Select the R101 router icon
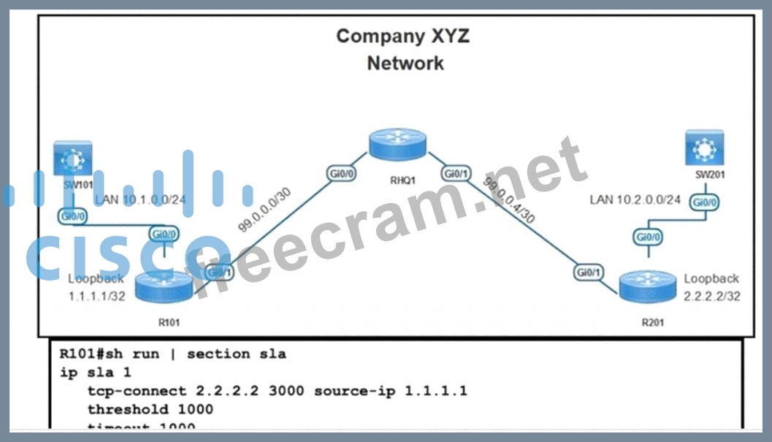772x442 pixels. [167, 286]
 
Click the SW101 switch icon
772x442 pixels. [71, 159]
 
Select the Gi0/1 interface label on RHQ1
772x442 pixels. [456, 174]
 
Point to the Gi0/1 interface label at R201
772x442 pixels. [589, 272]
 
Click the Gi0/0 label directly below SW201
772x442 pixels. [706, 202]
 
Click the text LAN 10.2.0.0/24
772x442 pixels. [635, 199]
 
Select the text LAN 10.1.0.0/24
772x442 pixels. [140, 199]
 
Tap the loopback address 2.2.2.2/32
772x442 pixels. [711, 297]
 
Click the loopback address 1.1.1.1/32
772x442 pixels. [95, 297]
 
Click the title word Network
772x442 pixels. [405, 63]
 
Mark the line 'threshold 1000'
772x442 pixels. [150, 409]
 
